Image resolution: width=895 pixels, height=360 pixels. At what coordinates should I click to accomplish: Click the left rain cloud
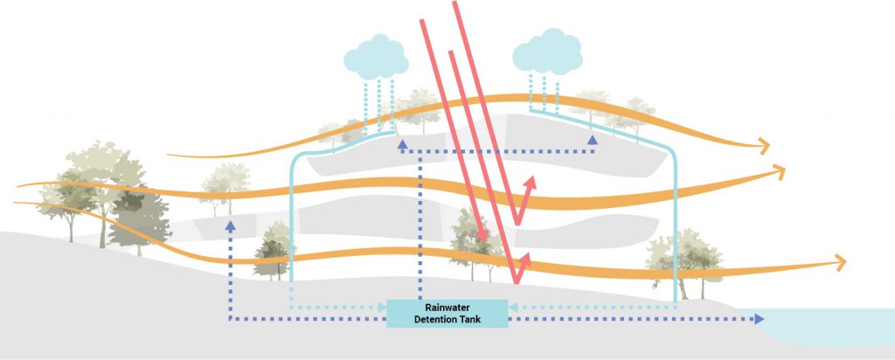click(x=377, y=55)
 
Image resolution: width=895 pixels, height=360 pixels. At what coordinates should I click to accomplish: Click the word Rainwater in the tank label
click(x=447, y=308)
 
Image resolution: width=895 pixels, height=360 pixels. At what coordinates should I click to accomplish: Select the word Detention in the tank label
click(x=434, y=320)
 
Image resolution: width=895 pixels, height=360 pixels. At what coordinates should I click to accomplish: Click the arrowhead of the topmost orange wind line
click(x=766, y=144)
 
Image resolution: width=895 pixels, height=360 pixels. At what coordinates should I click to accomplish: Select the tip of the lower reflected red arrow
click(x=526, y=257)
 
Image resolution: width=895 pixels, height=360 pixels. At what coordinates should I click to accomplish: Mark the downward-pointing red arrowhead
click(x=482, y=236)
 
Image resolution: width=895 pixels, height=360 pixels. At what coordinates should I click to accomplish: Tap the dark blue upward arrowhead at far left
click(x=231, y=225)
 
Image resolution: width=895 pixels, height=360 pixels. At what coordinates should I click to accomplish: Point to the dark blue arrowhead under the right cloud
click(x=593, y=139)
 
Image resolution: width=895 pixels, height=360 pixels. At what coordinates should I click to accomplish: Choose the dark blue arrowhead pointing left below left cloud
click(x=404, y=150)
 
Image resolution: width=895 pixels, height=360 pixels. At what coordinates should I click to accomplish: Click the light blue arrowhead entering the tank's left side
click(x=381, y=307)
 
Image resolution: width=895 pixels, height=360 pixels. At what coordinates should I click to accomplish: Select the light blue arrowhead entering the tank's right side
click(x=513, y=307)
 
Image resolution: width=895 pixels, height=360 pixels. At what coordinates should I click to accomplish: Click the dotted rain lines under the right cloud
click(x=544, y=90)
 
